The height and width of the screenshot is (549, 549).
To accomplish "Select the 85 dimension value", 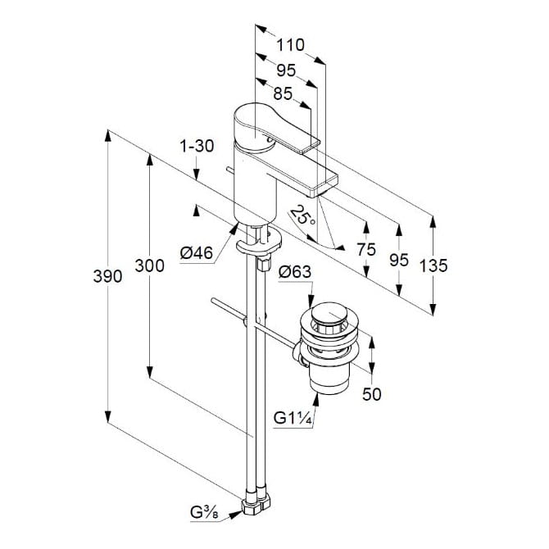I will coord(283,93).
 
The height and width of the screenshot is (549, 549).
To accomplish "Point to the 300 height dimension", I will coord(149,265).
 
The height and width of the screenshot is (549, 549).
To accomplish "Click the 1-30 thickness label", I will coord(197,146).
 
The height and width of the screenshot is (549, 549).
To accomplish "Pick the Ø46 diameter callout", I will coord(197,253).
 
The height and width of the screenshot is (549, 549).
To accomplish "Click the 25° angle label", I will coord(302,216).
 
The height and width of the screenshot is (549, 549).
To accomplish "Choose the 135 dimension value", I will coord(433,265).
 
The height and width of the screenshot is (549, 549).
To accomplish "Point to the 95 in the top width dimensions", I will coord(287,70).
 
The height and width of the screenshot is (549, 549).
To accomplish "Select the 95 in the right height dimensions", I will coord(398,260).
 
